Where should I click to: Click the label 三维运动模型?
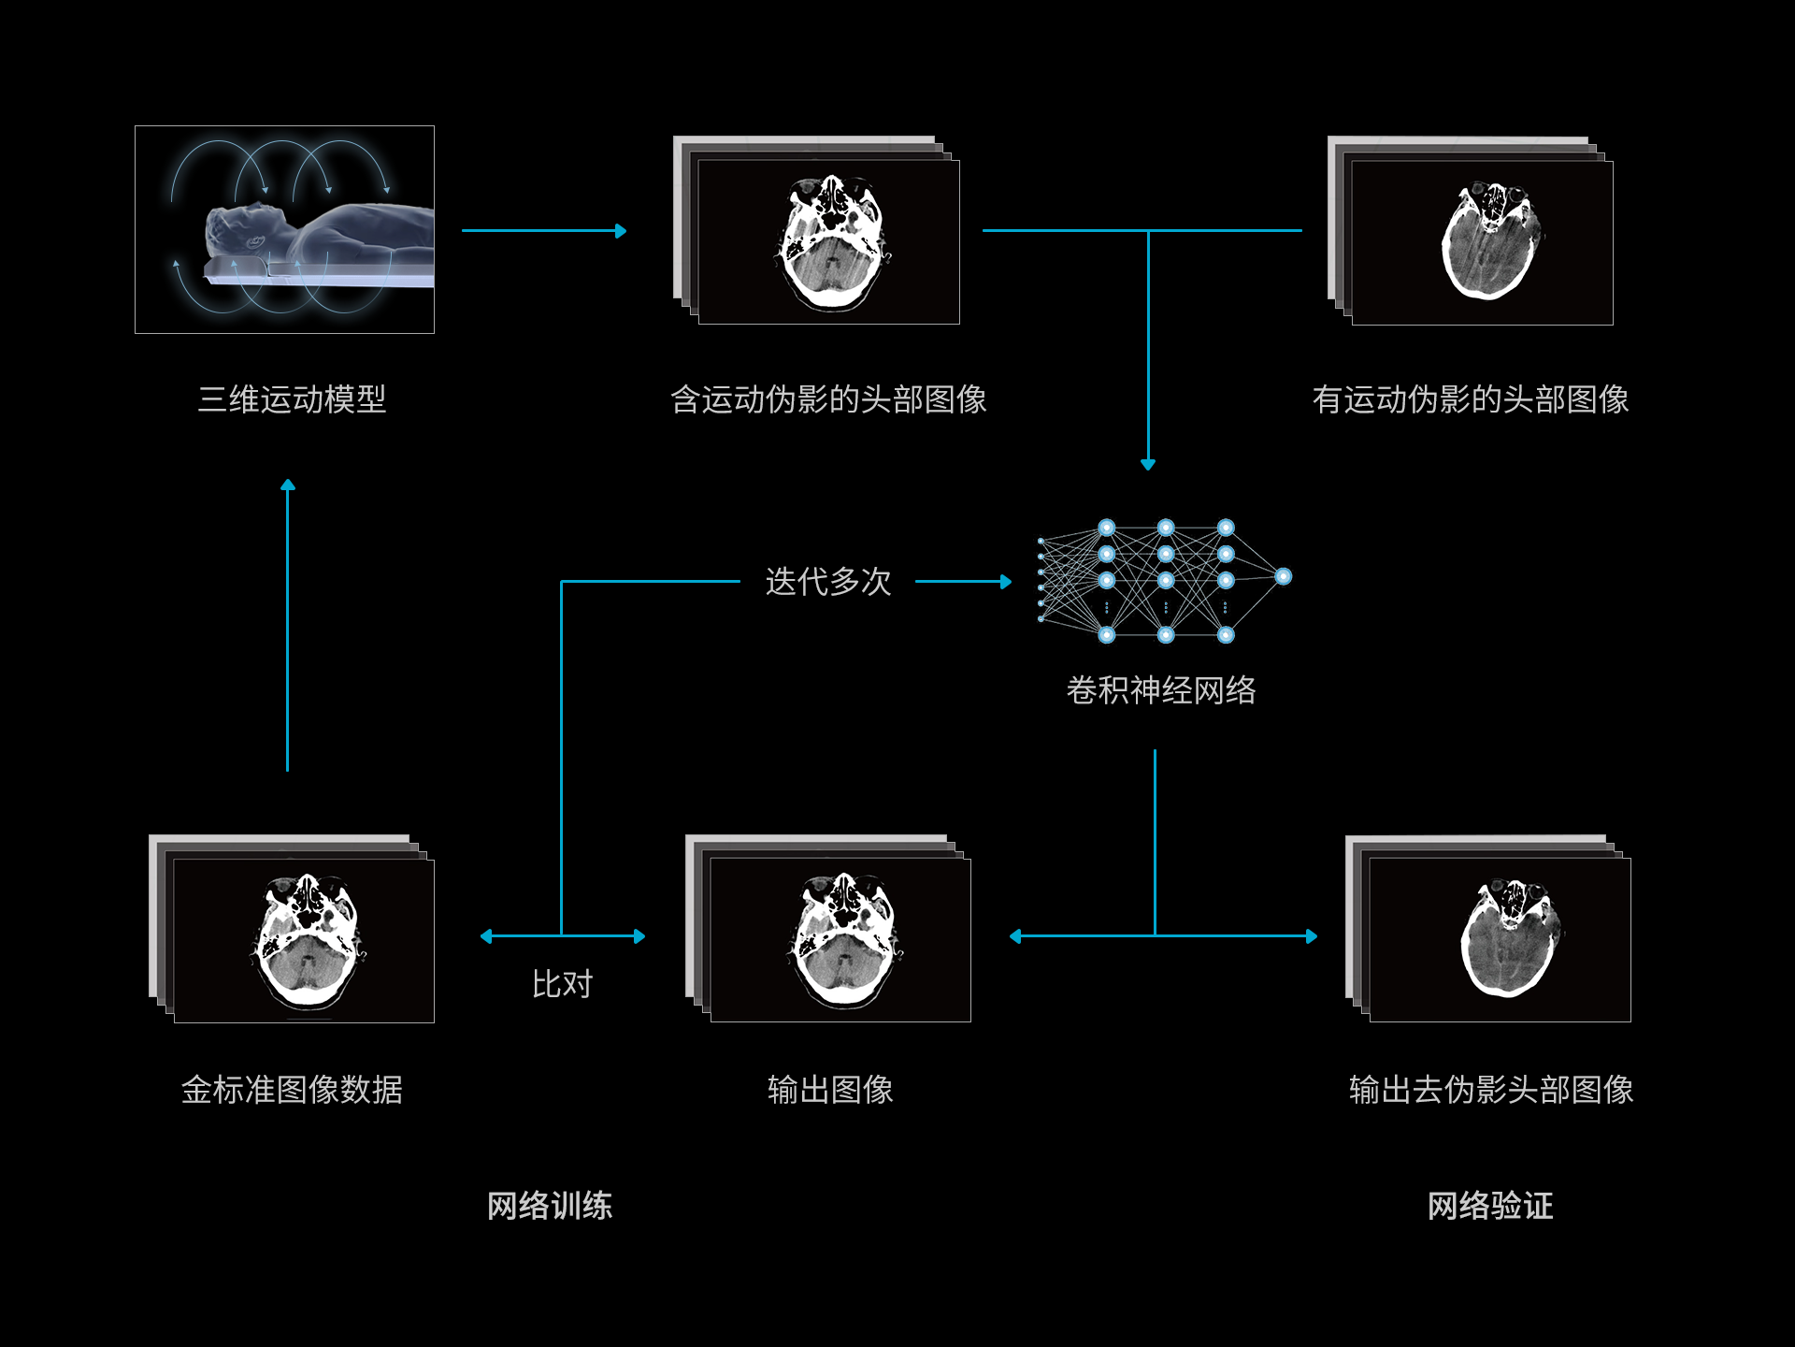(x=292, y=399)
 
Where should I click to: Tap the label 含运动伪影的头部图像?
(x=828, y=399)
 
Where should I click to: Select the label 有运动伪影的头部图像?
(x=1471, y=399)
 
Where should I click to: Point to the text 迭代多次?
(x=828, y=582)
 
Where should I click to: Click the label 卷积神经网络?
(x=1161, y=690)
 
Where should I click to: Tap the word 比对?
(x=562, y=984)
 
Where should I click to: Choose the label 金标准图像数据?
(x=292, y=1090)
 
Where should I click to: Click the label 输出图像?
(x=830, y=1090)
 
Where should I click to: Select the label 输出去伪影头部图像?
(x=1491, y=1090)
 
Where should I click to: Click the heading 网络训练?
(x=550, y=1206)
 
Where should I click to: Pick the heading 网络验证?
(x=1490, y=1206)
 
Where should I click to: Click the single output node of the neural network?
(x=1284, y=576)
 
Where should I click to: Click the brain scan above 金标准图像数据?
(x=308, y=940)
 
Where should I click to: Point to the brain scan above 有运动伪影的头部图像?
(x=1491, y=241)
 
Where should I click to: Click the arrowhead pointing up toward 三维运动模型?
(x=288, y=485)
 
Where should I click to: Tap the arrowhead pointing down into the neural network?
(x=1148, y=464)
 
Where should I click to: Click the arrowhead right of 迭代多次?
(x=1006, y=582)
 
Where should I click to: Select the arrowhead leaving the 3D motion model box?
(x=621, y=231)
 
